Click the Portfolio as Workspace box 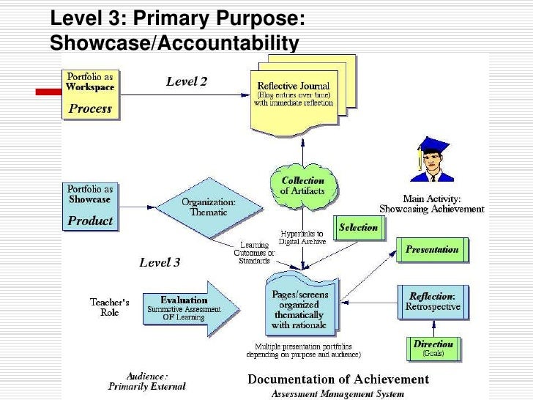[91, 94]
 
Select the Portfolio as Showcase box [91, 207]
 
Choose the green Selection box [358, 228]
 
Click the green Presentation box [432, 249]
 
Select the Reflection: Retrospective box [433, 302]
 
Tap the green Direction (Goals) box [433, 348]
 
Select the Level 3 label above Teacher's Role [159, 262]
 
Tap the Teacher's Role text [110, 307]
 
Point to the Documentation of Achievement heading [338, 379]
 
